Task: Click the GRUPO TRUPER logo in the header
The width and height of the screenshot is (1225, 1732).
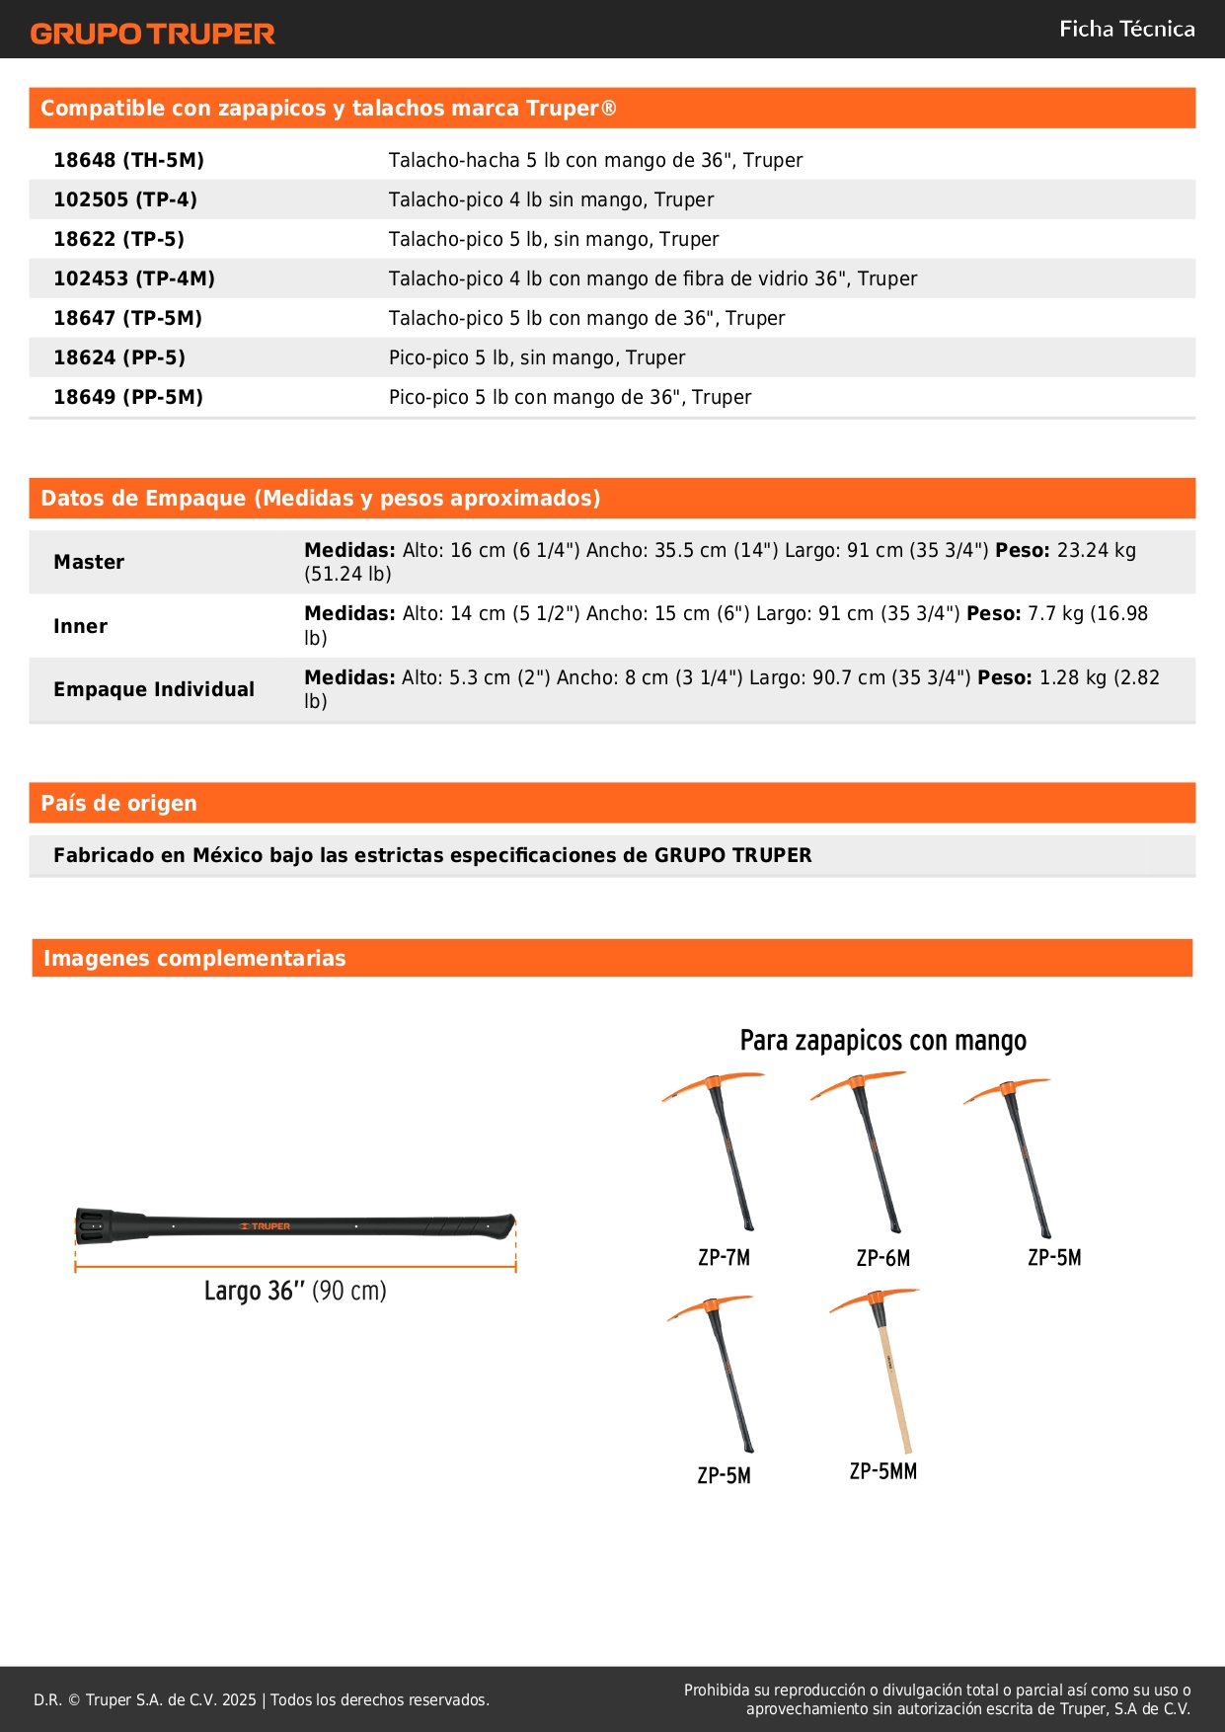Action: (152, 34)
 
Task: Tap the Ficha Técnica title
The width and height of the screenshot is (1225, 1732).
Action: (1126, 29)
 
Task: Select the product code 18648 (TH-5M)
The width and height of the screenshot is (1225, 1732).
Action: (128, 160)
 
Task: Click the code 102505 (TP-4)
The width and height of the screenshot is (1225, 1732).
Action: (125, 199)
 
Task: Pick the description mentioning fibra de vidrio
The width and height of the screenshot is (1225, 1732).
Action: (652, 278)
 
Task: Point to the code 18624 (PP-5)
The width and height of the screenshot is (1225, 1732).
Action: (119, 357)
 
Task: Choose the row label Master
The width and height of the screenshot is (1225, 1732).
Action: (89, 562)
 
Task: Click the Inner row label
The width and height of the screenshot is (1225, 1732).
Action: (80, 626)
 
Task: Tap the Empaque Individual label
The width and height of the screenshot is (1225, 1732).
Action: (154, 689)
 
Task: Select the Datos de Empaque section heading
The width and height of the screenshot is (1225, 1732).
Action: (320, 498)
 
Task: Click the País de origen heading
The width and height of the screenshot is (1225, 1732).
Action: (118, 803)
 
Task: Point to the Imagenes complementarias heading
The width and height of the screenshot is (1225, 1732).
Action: (194, 958)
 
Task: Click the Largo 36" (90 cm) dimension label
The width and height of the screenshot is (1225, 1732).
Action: (295, 1291)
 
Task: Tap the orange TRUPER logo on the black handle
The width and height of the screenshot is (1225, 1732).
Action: (266, 1226)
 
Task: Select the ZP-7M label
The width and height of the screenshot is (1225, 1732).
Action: (724, 1257)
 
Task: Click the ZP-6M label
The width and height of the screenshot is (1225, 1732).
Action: (882, 1258)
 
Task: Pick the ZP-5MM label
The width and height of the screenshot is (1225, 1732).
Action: (882, 1471)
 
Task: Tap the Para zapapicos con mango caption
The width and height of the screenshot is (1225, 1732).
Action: (882, 1041)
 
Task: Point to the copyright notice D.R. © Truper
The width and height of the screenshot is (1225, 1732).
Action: (261, 1699)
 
